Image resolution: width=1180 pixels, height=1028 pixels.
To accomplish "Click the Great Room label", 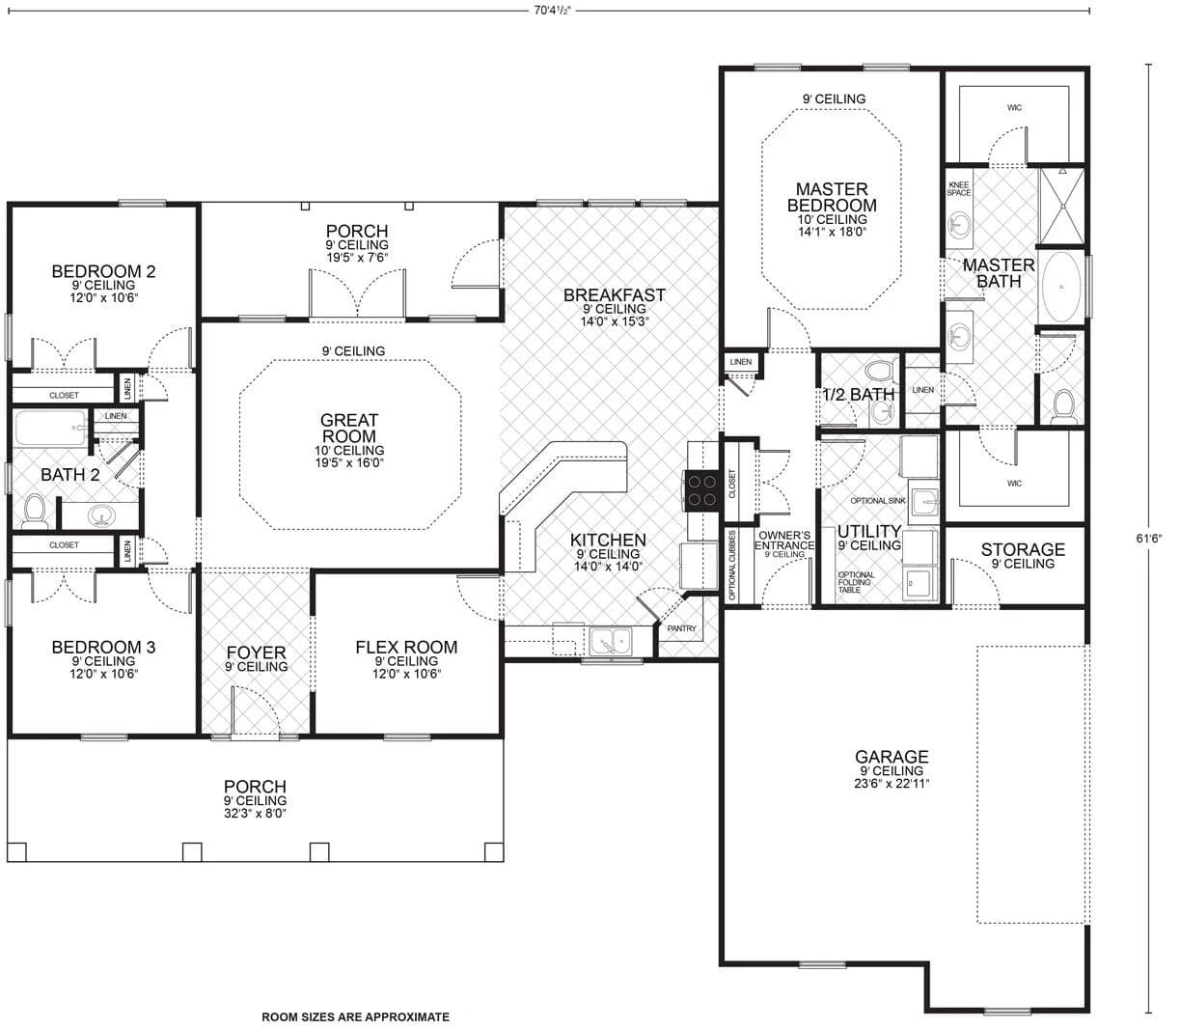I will [349, 428].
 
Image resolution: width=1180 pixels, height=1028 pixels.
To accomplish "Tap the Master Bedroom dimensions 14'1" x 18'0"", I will [832, 232].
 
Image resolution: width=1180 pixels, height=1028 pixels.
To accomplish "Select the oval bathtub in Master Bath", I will [1061, 287].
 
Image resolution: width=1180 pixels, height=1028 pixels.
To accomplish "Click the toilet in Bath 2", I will [35, 511].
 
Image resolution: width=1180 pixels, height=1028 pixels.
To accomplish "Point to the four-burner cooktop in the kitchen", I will [700, 489].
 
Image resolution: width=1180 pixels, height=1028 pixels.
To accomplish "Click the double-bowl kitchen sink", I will [611, 640].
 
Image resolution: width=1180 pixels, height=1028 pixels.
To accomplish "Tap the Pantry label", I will [682, 628].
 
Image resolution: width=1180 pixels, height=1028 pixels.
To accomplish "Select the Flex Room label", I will [406, 647].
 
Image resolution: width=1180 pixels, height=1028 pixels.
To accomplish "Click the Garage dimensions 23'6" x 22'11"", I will [892, 784].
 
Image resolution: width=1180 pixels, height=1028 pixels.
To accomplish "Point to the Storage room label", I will [1023, 549].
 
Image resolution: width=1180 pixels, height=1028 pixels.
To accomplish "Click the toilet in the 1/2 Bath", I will [878, 371].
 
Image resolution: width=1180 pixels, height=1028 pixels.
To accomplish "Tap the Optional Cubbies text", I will [733, 565].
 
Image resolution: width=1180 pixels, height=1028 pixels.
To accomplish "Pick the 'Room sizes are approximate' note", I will [355, 1016].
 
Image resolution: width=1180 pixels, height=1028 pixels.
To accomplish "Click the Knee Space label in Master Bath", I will [959, 188].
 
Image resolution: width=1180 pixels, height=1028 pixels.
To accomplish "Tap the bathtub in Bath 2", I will [50, 428].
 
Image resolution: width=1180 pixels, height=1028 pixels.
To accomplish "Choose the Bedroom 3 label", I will [103, 647].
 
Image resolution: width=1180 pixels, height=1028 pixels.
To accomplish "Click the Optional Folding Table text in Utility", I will [856, 582].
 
